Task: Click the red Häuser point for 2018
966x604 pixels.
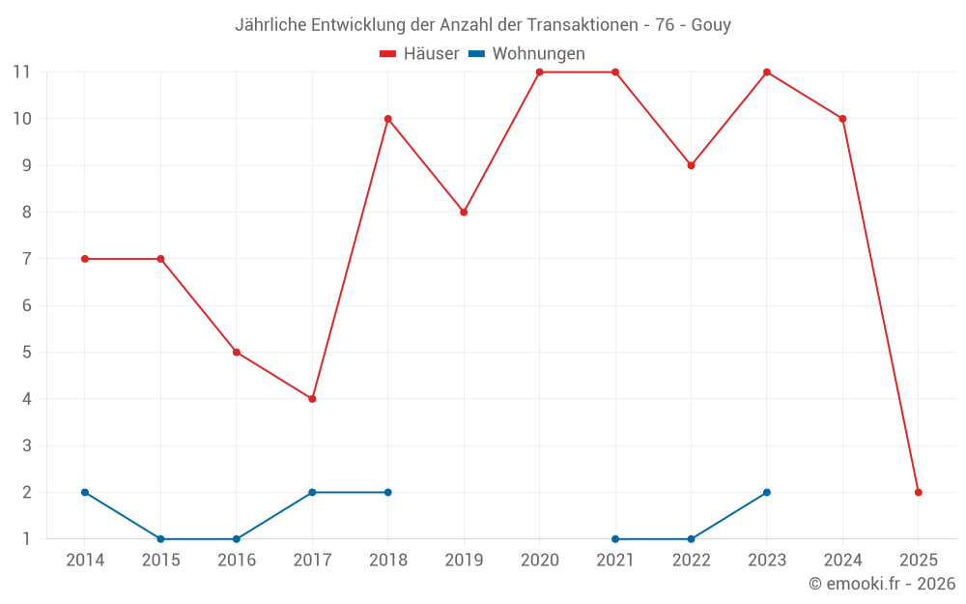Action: click(x=387, y=119)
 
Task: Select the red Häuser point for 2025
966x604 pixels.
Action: click(x=918, y=492)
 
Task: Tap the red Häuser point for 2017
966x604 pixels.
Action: click(x=312, y=398)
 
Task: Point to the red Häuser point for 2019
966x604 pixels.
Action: click(x=464, y=212)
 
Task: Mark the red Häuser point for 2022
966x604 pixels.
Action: click(x=691, y=165)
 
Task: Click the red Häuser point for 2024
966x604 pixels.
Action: click(x=842, y=119)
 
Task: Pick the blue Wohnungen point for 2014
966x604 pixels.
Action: click(x=85, y=492)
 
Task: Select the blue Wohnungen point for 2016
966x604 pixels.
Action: click(x=237, y=538)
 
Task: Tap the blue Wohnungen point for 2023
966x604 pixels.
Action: click(x=766, y=492)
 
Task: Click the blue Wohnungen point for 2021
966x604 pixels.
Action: click(x=615, y=538)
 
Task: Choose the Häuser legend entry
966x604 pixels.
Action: click(x=419, y=54)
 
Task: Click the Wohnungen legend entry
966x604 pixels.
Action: click(x=526, y=54)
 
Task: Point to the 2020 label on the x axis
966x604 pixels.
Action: click(x=539, y=561)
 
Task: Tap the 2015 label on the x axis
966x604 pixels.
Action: click(x=160, y=561)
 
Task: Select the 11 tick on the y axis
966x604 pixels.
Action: click(x=21, y=72)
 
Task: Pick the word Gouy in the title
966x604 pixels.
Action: click(x=711, y=25)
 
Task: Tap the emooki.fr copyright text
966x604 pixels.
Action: click(x=882, y=584)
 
